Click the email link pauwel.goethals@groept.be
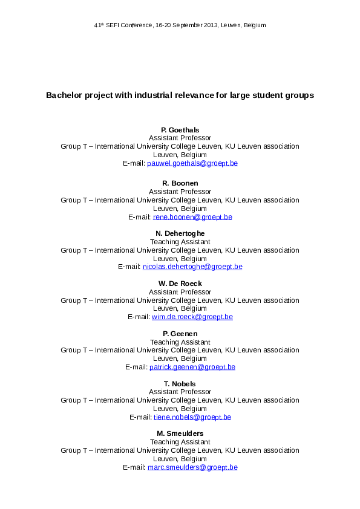coord(192,163)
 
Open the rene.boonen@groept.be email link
coord(192,216)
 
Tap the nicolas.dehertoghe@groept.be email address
coord(192,267)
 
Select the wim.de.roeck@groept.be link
coord(192,317)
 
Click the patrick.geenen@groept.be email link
coord(192,367)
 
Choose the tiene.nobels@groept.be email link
coord(192,417)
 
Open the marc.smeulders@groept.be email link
coord(192,467)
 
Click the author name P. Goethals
coord(180,130)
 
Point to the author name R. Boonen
coord(180,183)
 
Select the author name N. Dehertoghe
coord(180,233)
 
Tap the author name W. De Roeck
coord(180,284)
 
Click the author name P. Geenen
coord(180,334)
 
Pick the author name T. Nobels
coord(180,384)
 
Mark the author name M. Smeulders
coord(180,434)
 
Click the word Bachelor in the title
coord(63,96)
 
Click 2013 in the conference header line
coord(209,25)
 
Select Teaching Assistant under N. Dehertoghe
coord(180,242)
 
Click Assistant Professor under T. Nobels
coord(180,392)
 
